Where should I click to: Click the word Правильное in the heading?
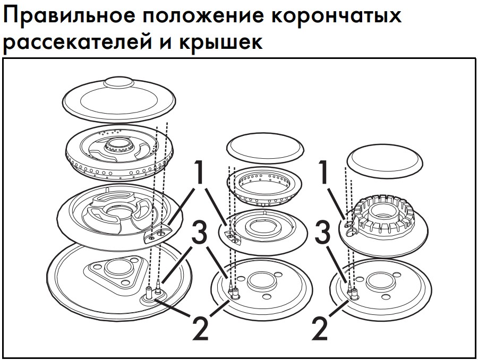click(69, 15)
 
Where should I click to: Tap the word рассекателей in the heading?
click(77, 41)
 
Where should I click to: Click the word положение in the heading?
click(203, 15)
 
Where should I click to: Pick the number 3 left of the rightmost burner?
click(322, 233)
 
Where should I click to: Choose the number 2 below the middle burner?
click(200, 328)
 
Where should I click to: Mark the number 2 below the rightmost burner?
click(320, 328)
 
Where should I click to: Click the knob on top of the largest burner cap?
click(118, 82)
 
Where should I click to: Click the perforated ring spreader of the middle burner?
click(264, 186)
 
